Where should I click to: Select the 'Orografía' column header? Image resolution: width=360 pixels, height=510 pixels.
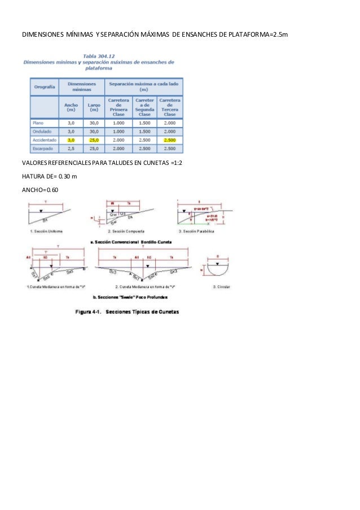[x=44, y=87]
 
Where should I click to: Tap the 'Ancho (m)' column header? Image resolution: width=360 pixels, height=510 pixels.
[x=71, y=107]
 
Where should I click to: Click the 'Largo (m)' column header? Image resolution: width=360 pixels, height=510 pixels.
[x=93, y=107]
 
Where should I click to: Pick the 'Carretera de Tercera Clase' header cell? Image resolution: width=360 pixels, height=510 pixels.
[x=169, y=107]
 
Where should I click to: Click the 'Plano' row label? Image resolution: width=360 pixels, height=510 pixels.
[x=38, y=123]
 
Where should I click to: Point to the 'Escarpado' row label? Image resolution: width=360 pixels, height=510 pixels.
[x=43, y=149]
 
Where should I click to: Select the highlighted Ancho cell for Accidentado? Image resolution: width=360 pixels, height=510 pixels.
[x=71, y=140]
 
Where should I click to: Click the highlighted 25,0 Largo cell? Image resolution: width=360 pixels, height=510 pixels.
[x=93, y=140]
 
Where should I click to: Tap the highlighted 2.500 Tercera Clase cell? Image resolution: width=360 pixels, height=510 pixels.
[x=169, y=140]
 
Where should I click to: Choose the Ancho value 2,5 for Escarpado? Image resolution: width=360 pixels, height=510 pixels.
[x=71, y=149]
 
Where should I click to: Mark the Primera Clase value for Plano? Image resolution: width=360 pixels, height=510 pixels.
[x=118, y=123]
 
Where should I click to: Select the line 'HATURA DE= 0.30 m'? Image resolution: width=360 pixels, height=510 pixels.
[x=50, y=176]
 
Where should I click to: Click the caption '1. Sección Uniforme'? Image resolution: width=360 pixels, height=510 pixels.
[x=47, y=231]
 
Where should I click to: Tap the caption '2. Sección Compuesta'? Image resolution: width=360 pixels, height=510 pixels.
[x=126, y=231]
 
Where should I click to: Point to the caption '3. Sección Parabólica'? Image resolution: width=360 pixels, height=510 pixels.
[x=196, y=231]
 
